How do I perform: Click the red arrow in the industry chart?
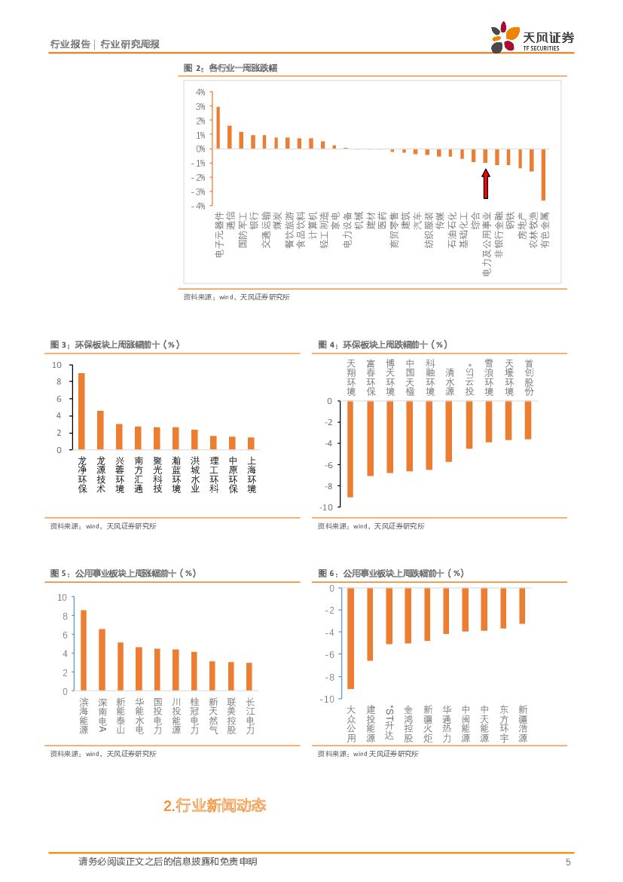click(x=486, y=182)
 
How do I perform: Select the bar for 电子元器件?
click(x=218, y=127)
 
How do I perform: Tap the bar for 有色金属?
click(x=543, y=174)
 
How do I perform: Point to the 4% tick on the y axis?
click(x=200, y=92)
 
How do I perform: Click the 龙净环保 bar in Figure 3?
click(x=81, y=412)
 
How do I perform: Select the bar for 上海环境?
click(x=251, y=443)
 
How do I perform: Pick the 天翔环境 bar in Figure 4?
click(x=350, y=449)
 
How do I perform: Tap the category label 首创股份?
click(x=528, y=378)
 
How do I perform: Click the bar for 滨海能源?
click(x=83, y=650)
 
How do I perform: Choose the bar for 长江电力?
click(x=249, y=676)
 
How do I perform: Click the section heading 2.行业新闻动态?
click(x=215, y=806)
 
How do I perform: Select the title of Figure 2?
click(x=231, y=68)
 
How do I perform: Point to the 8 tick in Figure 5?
click(x=63, y=616)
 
